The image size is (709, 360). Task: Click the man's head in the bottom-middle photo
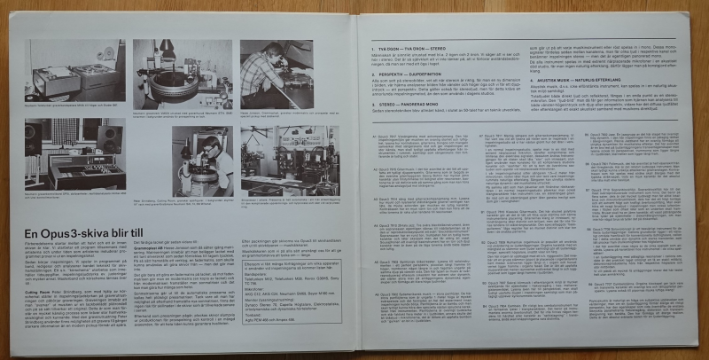tap(208, 145)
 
